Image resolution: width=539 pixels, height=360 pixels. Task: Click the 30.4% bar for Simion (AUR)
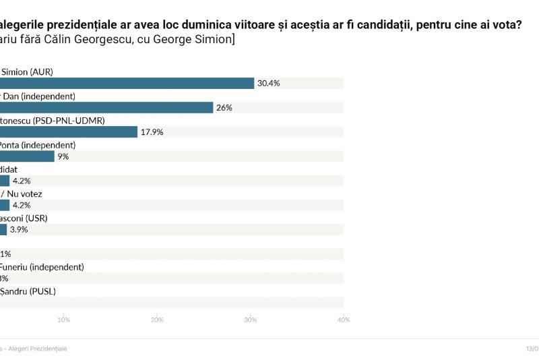click(x=127, y=83)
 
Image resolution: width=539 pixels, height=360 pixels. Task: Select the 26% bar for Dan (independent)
click(x=106, y=107)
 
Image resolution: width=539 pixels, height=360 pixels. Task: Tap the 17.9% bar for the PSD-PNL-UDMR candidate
click(x=69, y=132)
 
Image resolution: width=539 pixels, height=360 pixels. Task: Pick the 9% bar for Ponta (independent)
click(x=27, y=156)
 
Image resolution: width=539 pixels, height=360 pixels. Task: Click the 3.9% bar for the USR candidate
click(x=3, y=229)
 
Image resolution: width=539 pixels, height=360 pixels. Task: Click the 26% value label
click(x=224, y=108)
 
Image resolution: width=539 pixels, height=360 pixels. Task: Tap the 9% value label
click(x=63, y=156)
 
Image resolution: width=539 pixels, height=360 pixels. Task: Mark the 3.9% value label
click(x=19, y=229)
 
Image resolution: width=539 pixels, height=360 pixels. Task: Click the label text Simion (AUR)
click(x=27, y=71)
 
